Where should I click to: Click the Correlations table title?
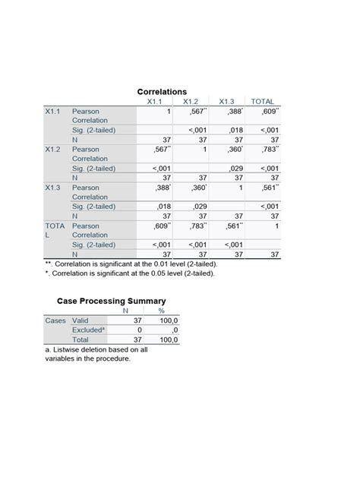(161, 91)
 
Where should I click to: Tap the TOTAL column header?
(263, 102)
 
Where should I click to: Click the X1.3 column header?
(226, 102)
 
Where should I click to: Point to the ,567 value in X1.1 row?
(195, 111)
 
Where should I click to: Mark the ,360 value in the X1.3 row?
(195, 187)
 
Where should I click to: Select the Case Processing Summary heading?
(112, 301)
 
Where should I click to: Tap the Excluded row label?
(88, 331)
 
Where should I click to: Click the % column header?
(161, 311)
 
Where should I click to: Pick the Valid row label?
(81, 321)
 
